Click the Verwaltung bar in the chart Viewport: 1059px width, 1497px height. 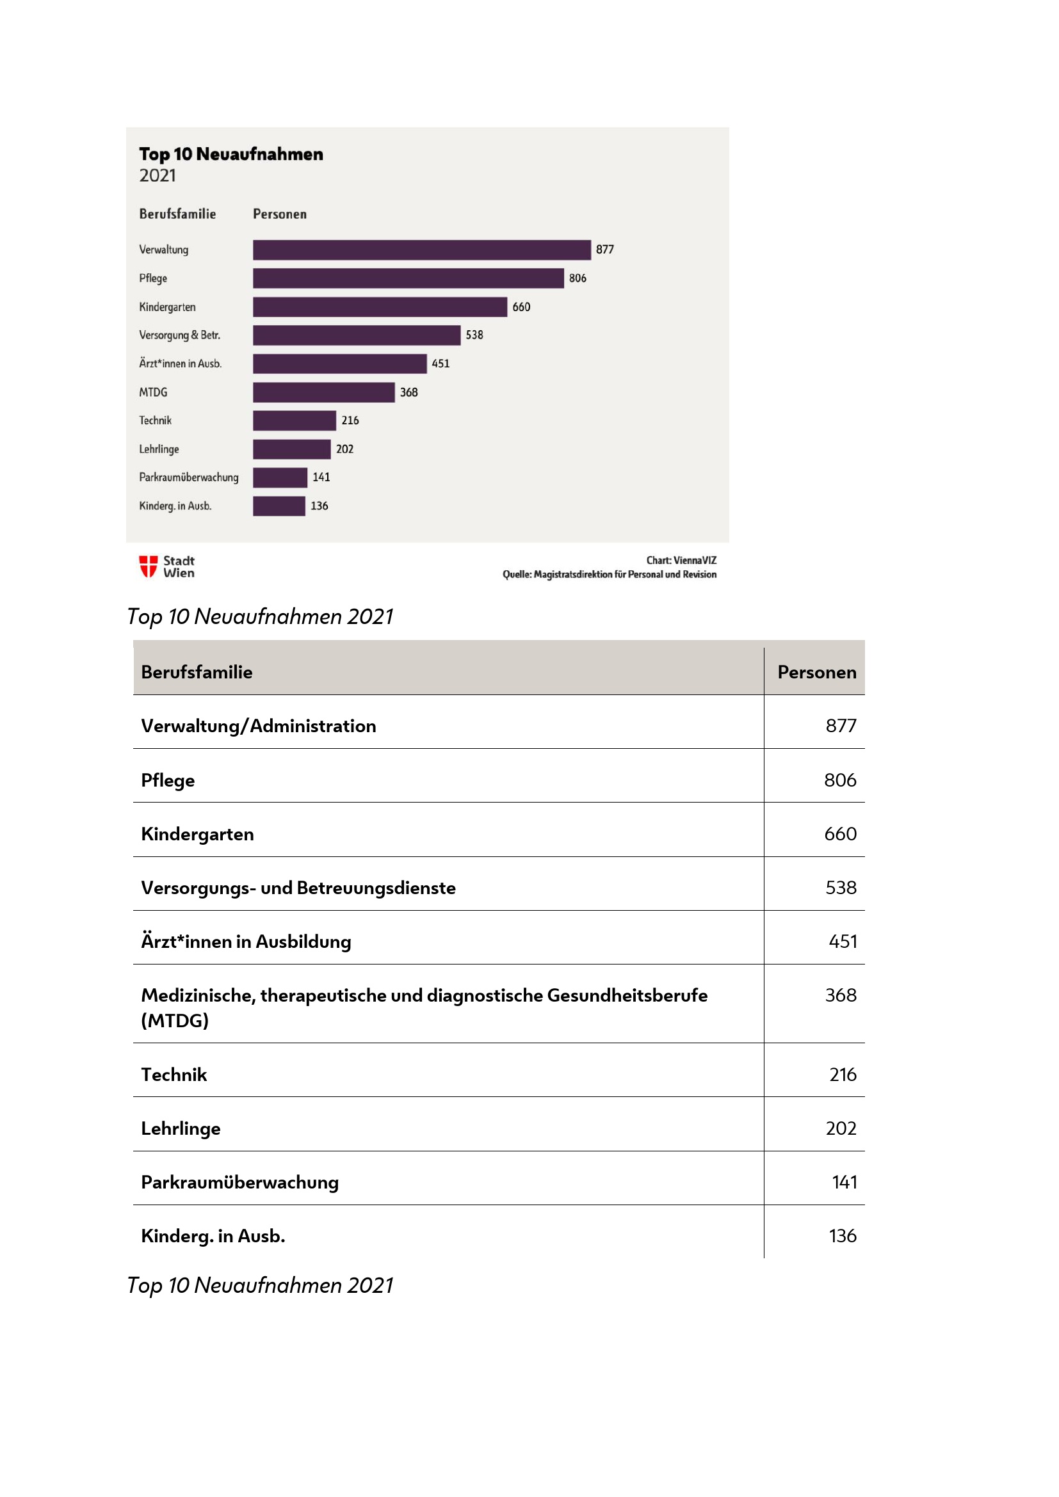pyautogui.click(x=421, y=250)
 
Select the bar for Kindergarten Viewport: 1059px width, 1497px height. pyautogui.click(x=380, y=307)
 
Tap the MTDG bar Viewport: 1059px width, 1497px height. pyautogui.click(x=323, y=392)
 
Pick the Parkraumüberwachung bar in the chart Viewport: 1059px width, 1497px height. pyautogui.click(x=280, y=478)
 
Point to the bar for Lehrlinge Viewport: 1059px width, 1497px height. pyautogui.click(x=291, y=449)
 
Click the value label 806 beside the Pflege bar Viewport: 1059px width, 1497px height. pyautogui.click(x=577, y=278)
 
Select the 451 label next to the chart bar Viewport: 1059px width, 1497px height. pyautogui.click(x=440, y=364)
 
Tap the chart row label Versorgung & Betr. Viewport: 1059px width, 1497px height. pyautogui.click(x=179, y=335)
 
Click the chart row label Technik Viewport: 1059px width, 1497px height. pyautogui.click(x=155, y=420)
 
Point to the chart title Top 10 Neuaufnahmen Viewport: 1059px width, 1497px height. pyautogui.click(x=231, y=154)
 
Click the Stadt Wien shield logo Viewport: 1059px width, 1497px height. pyautogui.click(x=148, y=566)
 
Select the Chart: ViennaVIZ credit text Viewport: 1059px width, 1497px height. pyautogui.click(x=681, y=560)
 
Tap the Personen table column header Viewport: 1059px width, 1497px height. pyautogui.click(x=816, y=672)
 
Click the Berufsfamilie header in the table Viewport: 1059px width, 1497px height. pyautogui.click(x=197, y=672)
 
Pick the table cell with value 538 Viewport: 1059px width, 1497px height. pyautogui.click(x=841, y=887)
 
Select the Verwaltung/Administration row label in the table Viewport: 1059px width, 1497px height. pyautogui.click(x=258, y=726)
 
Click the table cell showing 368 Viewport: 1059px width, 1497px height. pyautogui.click(x=841, y=995)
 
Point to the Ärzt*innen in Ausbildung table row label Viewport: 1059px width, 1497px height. pyautogui.click(x=246, y=941)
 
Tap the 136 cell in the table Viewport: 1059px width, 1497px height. pyautogui.click(x=842, y=1235)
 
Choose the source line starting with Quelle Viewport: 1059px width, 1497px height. pyautogui.click(x=609, y=574)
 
